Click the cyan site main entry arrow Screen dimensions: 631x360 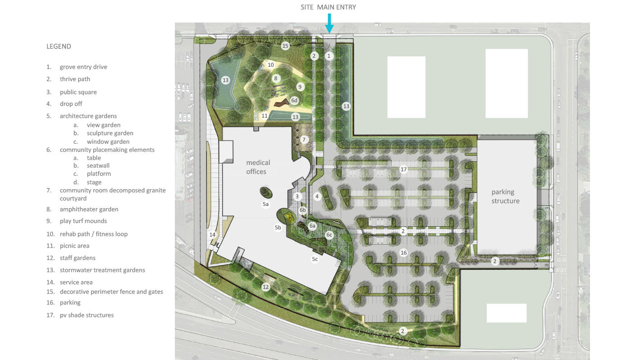329,24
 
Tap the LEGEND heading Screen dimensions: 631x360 59,46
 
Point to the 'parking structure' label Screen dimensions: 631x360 505,196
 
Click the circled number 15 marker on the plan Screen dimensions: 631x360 285,46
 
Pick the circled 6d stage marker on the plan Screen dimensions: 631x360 294,100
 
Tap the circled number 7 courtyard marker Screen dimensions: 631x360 304,139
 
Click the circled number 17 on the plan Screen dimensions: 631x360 403,169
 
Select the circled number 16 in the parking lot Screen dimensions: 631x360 403,253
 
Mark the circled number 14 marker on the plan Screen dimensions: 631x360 212,235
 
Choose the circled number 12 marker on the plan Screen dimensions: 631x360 265,287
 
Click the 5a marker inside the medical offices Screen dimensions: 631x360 265,204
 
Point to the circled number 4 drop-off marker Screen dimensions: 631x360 317,196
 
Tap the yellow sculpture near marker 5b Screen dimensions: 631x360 289,217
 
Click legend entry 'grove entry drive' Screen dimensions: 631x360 83,67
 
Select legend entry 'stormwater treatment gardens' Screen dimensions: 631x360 102,270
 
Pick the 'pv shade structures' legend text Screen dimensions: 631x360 87,315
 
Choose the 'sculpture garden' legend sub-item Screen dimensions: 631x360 110,133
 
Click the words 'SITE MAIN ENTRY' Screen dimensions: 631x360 328,7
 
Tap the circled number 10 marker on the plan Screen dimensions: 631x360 270,65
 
